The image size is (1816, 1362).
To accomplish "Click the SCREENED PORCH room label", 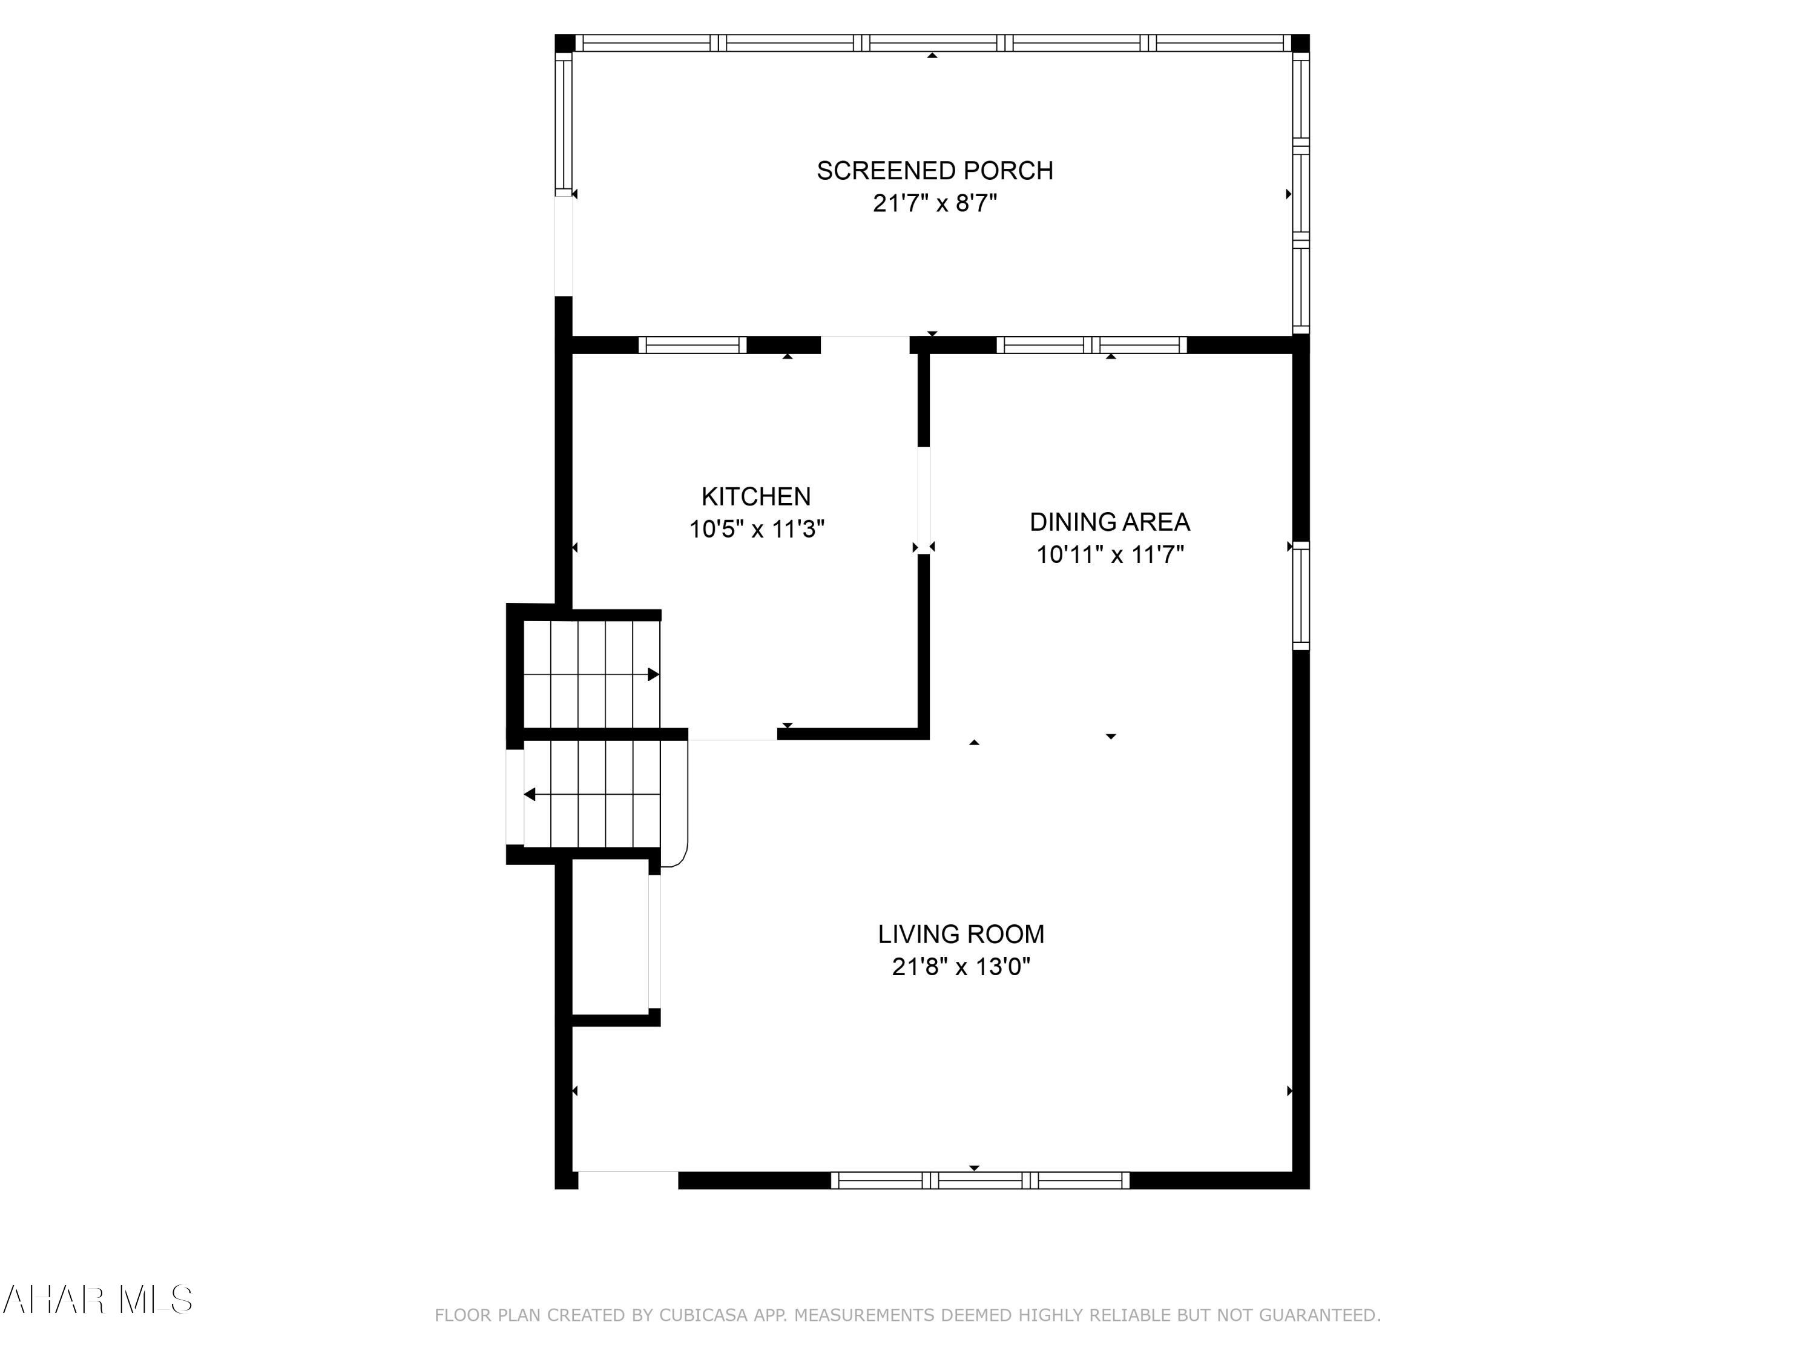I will (934, 171).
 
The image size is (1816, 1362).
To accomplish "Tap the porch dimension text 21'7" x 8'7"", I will (934, 203).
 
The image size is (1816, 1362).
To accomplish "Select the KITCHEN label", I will (755, 497).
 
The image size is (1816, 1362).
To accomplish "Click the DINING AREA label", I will (1109, 522).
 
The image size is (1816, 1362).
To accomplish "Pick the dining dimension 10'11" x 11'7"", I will (1109, 555).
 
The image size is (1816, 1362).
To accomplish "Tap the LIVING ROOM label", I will (961, 934).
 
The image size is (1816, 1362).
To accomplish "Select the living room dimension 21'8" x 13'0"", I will (961, 967).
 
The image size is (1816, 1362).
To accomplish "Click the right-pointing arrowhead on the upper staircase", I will (654, 675).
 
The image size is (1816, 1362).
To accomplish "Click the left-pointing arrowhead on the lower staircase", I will (530, 795).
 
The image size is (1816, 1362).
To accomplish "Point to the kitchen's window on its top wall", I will (692, 346).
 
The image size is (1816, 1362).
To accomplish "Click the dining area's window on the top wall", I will (1091, 346).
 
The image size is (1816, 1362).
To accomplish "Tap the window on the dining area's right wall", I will (1300, 595).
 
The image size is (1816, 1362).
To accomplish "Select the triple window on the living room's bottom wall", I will (979, 1180).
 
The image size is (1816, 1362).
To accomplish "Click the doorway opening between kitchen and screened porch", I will (864, 345).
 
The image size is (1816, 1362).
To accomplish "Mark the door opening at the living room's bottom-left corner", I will (628, 1180).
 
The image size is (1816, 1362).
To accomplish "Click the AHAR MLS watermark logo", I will (97, 1300).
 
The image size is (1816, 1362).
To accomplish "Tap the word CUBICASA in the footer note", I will (703, 1315).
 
